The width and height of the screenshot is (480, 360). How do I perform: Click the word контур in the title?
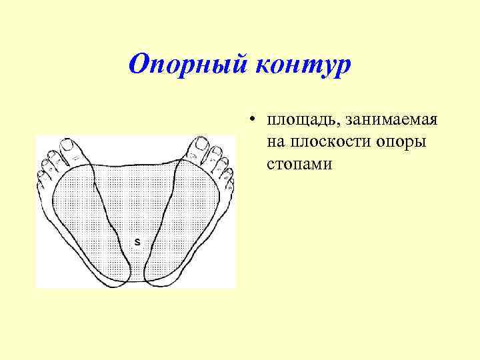[302, 65]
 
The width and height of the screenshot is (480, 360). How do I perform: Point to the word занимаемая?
[388, 121]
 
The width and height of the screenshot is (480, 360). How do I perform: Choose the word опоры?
[403, 142]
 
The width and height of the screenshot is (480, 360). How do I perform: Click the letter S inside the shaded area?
[137, 241]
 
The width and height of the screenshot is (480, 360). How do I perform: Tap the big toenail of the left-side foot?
[67, 145]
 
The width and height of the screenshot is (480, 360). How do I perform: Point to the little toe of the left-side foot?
[41, 178]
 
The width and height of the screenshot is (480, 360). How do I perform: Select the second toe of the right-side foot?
[216, 155]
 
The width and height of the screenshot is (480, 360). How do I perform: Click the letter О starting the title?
[139, 65]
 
